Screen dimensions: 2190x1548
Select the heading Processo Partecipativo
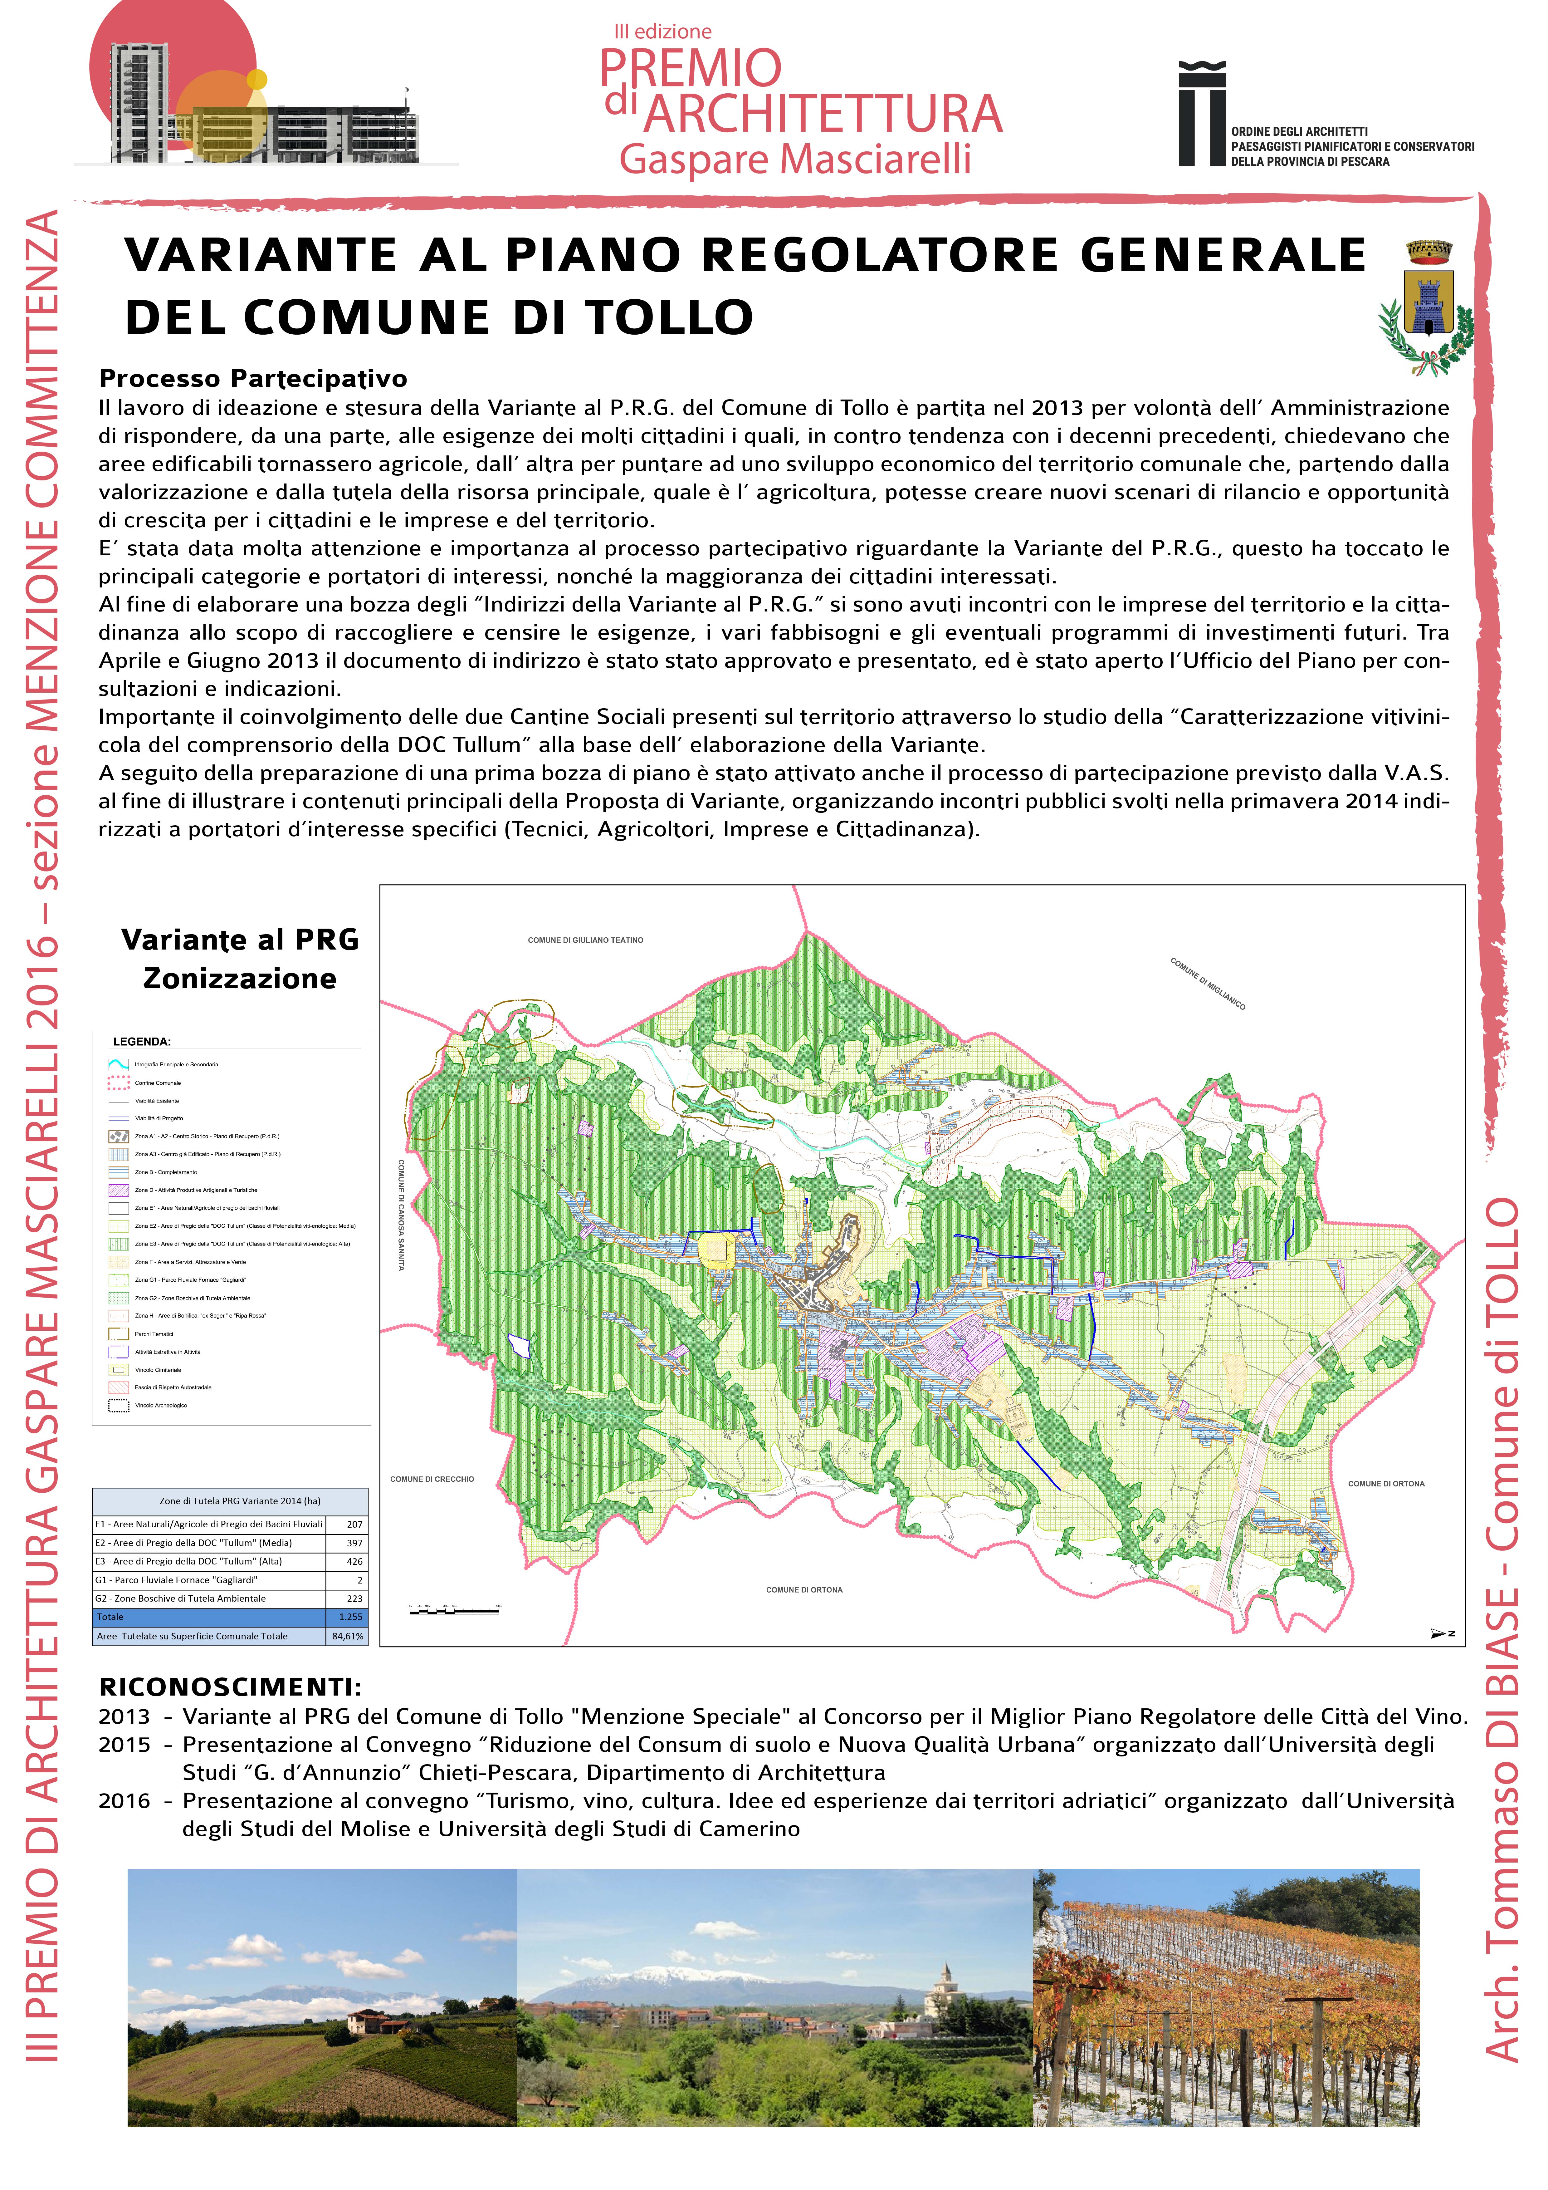tap(253, 379)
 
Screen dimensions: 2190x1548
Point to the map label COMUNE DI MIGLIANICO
tap(1208, 983)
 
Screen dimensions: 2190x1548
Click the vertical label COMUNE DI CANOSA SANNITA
tap(402, 1214)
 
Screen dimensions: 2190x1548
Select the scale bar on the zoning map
tap(454, 1611)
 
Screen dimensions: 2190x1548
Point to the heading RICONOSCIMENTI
tap(230, 1687)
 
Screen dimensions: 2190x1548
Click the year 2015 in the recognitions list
tap(124, 1745)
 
